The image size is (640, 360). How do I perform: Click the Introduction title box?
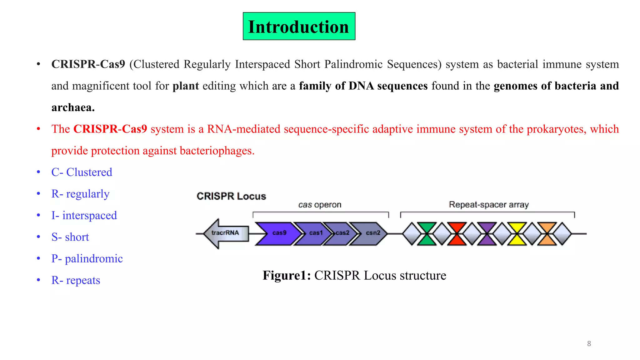299,26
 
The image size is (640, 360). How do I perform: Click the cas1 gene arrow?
312,233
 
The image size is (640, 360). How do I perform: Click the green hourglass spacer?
427,234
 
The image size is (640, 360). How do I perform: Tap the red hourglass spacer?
457,234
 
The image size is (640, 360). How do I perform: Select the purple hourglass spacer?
487,234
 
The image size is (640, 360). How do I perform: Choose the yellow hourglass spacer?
517,234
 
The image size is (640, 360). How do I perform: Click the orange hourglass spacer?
547,234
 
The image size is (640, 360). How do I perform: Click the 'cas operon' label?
320,205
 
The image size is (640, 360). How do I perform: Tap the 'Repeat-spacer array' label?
488,205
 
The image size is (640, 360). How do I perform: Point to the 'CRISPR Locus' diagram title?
231,196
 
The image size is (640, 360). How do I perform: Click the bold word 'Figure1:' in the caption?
287,275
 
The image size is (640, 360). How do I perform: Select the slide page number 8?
589,343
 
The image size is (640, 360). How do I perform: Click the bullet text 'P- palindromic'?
87,259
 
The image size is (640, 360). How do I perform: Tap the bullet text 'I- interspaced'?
84,216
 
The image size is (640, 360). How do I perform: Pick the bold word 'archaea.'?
73,107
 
